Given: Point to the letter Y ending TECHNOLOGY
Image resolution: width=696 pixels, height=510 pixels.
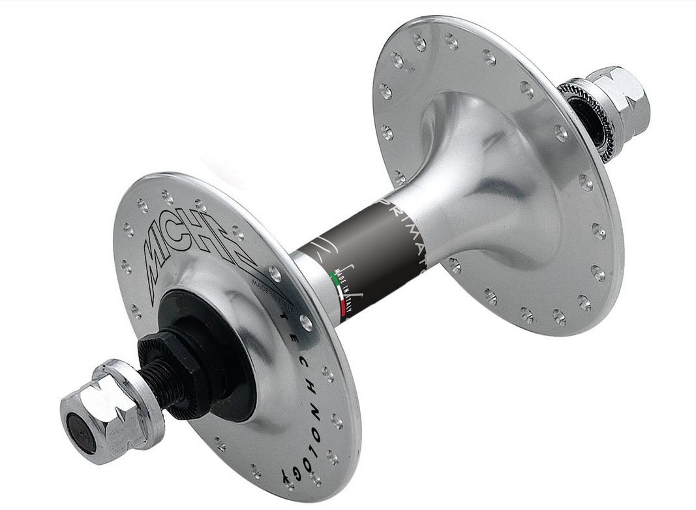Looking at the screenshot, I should coord(286,471).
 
